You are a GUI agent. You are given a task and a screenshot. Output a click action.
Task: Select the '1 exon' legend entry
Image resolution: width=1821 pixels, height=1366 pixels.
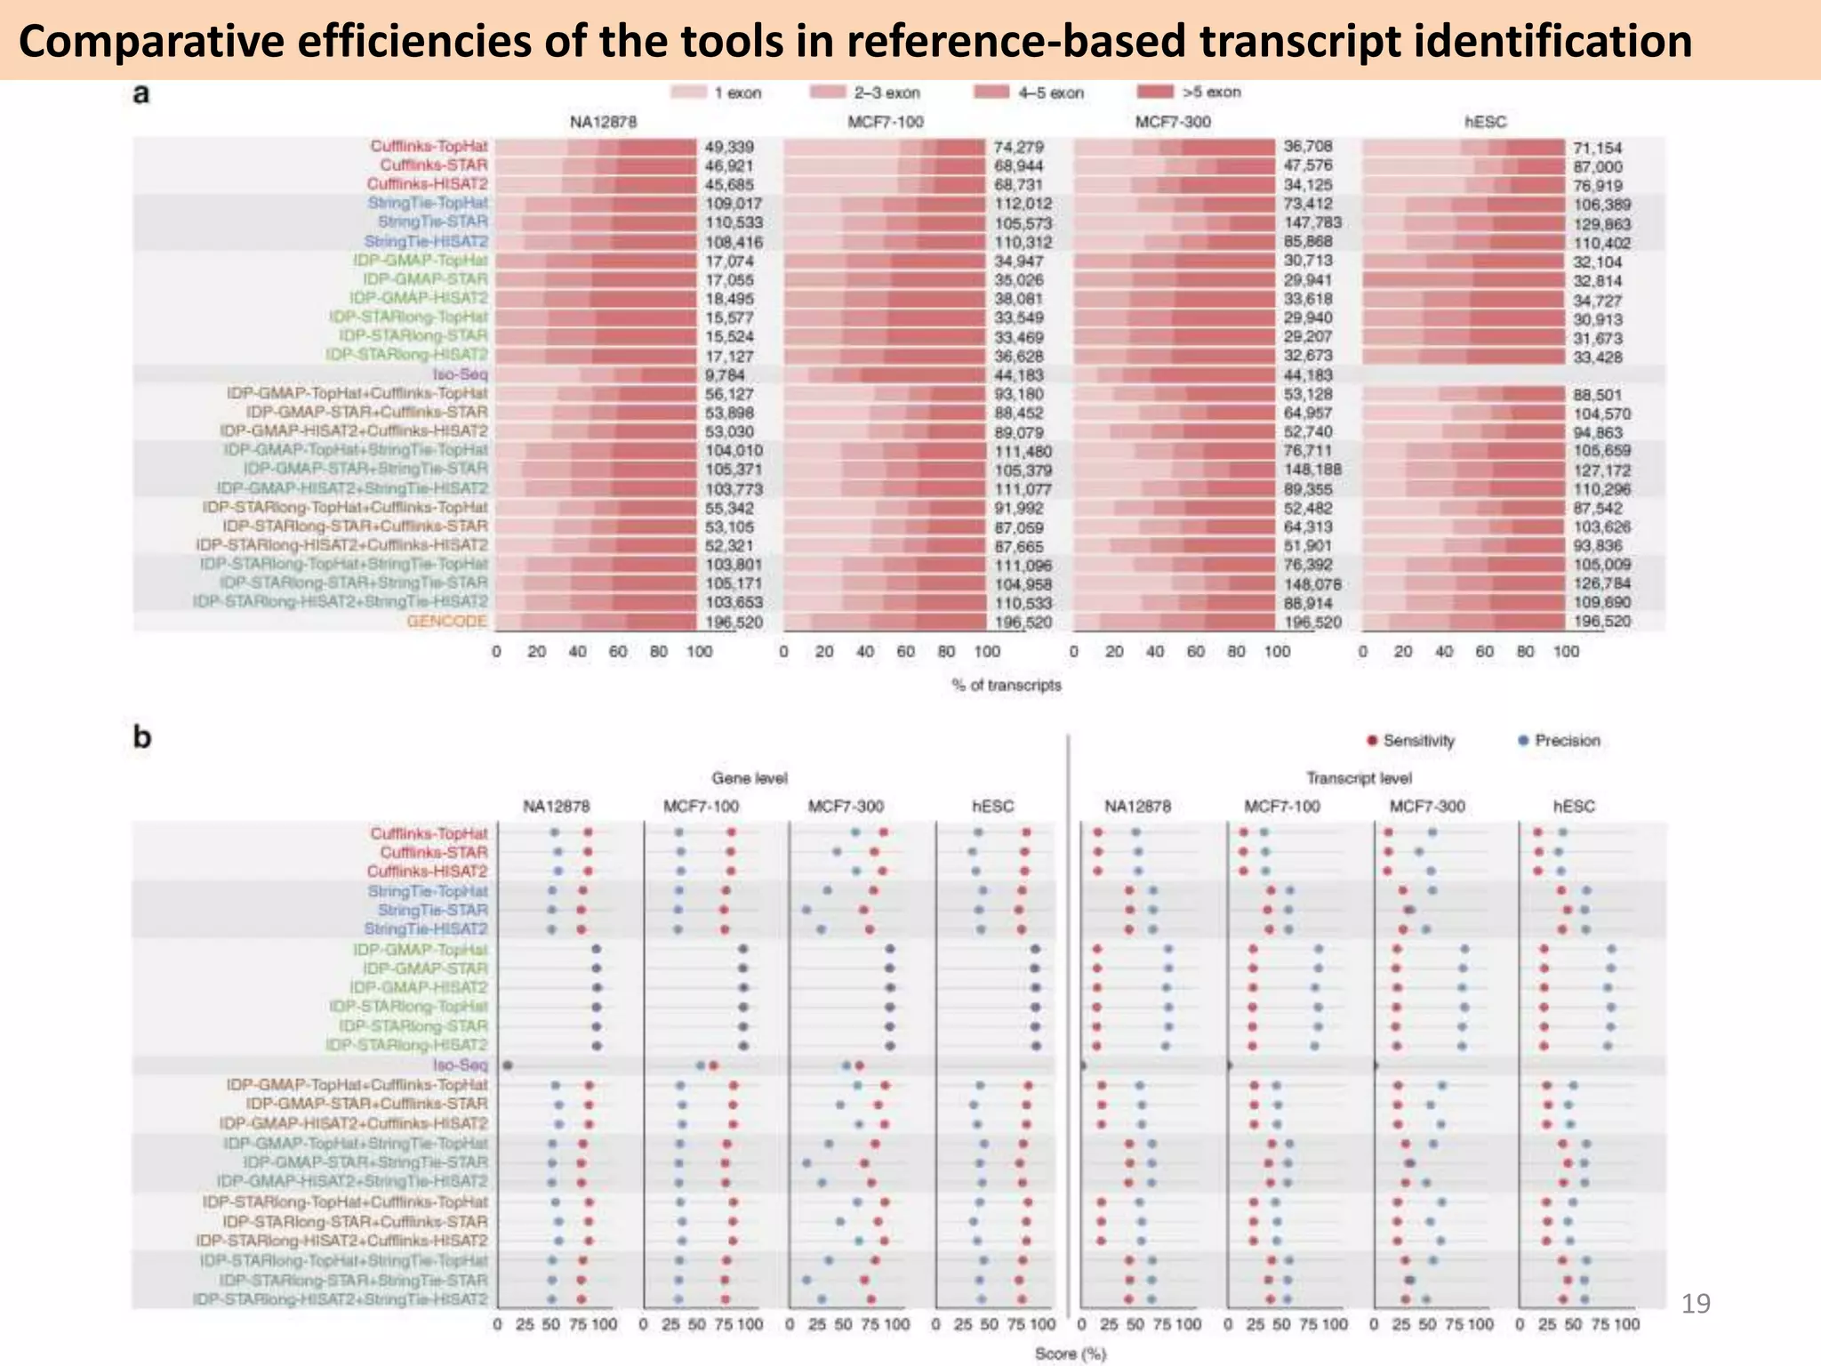(x=736, y=92)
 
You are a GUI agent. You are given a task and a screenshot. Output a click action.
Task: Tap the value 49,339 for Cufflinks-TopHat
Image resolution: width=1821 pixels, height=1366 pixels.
(x=729, y=147)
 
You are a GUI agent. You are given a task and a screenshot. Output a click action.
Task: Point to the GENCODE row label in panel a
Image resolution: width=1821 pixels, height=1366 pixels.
(x=446, y=621)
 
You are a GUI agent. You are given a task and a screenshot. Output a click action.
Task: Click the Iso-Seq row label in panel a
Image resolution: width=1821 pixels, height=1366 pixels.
(x=460, y=374)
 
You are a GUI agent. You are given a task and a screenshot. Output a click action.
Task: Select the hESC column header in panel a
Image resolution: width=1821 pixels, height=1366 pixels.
(x=1485, y=122)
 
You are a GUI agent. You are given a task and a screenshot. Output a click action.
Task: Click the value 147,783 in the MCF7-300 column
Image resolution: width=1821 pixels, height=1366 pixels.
(x=1312, y=222)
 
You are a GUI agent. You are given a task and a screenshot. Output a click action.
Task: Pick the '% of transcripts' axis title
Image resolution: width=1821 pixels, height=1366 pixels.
(x=1006, y=685)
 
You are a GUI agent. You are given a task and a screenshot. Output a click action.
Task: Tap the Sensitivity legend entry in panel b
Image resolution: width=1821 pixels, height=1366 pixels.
(x=1418, y=741)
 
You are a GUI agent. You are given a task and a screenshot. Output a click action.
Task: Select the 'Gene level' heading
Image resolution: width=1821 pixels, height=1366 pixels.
(x=749, y=778)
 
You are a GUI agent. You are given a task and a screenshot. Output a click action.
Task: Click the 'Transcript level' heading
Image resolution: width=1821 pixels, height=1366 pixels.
(x=1358, y=778)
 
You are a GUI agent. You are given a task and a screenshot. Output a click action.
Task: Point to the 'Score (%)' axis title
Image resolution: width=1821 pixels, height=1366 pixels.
(x=1070, y=1354)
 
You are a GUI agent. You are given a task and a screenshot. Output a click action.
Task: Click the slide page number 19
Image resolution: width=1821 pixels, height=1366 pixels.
(x=1696, y=1304)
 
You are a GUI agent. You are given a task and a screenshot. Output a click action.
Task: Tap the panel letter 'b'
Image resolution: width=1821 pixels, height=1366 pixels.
(x=141, y=737)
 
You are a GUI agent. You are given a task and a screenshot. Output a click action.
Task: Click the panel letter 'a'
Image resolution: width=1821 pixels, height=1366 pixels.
(x=140, y=93)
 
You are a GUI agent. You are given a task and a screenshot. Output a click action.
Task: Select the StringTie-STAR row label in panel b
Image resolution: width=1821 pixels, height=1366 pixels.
(x=432, y=910)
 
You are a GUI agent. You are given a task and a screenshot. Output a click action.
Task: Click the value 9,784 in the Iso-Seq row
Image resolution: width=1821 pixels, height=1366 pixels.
(x=724, y=374)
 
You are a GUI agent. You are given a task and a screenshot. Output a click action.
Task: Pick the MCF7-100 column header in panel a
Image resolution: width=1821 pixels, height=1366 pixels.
(x=885, y=122)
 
